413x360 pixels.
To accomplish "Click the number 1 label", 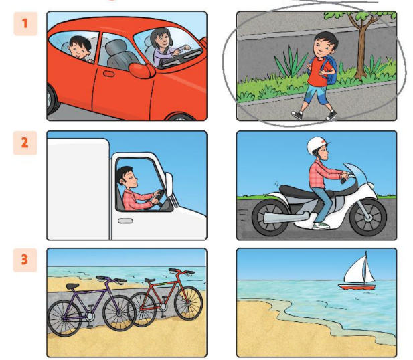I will coord(25,25).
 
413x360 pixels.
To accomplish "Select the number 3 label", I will coord(25,260).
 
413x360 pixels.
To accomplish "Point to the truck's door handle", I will coord(125,220).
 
